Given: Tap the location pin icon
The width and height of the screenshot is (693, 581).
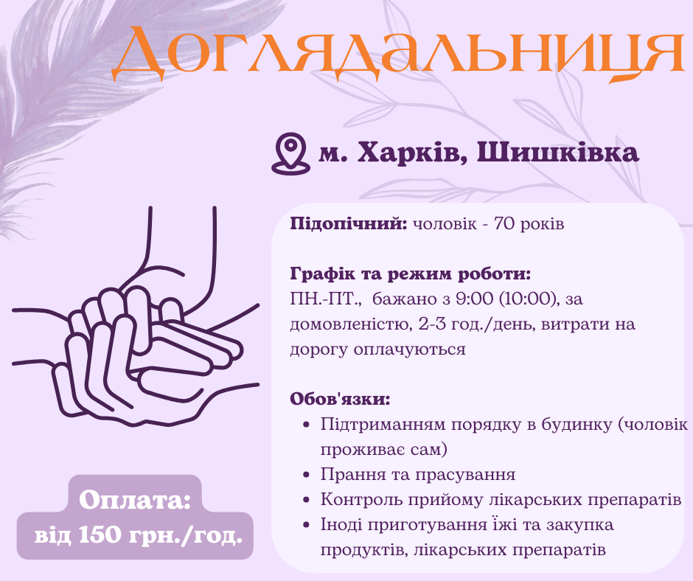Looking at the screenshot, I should tap(289, 153).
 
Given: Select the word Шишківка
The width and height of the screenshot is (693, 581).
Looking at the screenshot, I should tap(558, 153).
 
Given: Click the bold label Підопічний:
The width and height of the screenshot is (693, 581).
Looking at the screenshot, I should tap(349, 223).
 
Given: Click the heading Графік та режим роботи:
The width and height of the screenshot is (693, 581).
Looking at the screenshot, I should tap(411, 274).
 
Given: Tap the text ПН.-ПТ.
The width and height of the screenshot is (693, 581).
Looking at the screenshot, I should tap(325, 299).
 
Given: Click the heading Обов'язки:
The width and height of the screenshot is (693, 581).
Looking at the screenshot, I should tap(340, 400).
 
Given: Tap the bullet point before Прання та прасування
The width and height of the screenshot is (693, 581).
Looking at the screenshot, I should tap(307, 475).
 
